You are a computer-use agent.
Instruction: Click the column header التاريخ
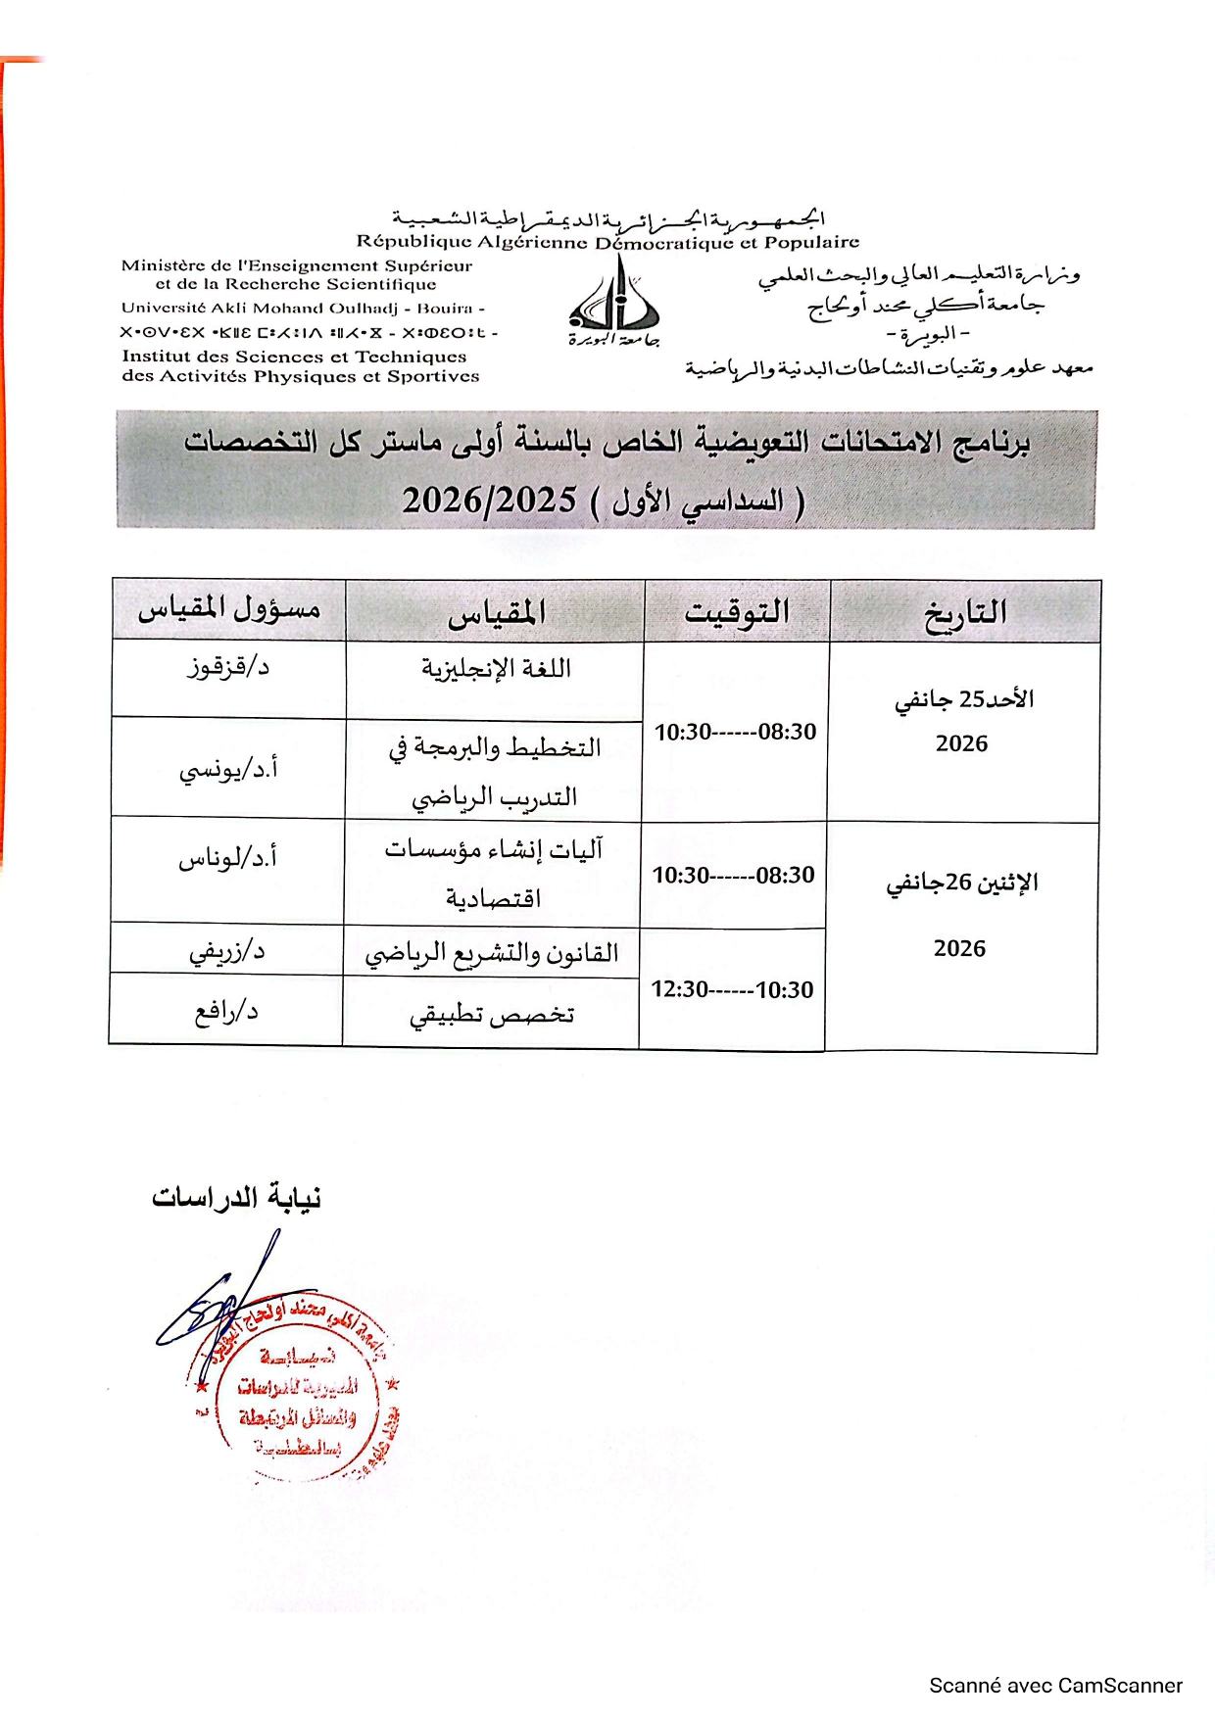(965, 612)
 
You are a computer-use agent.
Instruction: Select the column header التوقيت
(737, 612)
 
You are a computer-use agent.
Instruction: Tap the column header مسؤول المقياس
(229, 610)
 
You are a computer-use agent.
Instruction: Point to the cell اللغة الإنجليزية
(496, 669)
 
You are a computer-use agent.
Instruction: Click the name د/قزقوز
(228, 668)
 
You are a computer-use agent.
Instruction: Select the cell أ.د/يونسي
(228, 770)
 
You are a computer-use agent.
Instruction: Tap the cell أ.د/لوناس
(227, 859)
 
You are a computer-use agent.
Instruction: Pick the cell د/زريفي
(227, 951)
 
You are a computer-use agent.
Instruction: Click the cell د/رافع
(226, 1012)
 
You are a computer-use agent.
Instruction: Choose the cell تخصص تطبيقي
(492, 1015)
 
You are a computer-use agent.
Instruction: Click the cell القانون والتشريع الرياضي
(492, 953)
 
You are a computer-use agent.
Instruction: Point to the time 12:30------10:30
(732, 990)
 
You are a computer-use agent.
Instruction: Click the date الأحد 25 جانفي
(964, 699)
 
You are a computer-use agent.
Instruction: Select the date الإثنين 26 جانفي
(962, 883)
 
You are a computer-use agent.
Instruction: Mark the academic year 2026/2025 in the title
(489, 501)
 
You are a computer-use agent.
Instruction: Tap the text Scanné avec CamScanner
(1055, 1686)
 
